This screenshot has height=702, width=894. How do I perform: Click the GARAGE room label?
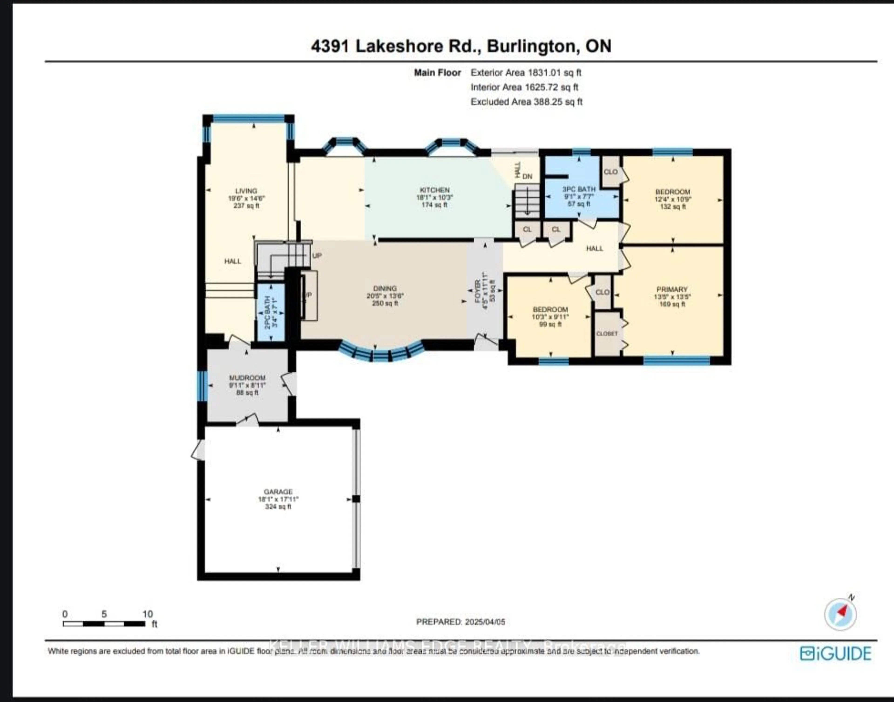coord(278,492)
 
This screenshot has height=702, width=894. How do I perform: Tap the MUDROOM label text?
coord(247,378)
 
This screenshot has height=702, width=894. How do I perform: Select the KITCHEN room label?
coord(435,190)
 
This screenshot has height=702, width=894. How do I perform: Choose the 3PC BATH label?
coord(579,189)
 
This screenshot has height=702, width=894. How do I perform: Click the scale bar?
coord(104,624)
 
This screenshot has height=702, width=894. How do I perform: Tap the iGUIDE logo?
coord(836,654)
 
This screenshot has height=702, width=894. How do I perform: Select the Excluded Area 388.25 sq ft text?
coord(526,102)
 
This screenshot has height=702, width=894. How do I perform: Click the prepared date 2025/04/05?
coord(485,622)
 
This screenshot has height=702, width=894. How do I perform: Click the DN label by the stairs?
coord(528,176)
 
